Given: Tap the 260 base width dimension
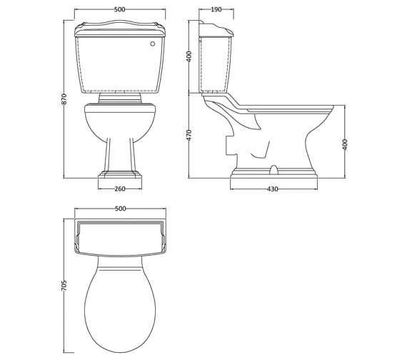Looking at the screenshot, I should pos(120,189).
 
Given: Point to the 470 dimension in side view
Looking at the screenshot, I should pos(189,135).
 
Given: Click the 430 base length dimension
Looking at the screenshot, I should pos(273,189).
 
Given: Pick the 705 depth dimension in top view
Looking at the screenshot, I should pos(64,284).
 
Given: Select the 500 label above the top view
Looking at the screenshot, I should pos(120,209).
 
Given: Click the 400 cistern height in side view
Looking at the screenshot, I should pos(189,56).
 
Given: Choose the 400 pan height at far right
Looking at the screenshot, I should pos(346,143).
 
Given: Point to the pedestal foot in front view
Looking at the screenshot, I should pos(120,174).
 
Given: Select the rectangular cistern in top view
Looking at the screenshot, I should pos(120,236).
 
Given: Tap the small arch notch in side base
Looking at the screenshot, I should pos(273,170).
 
